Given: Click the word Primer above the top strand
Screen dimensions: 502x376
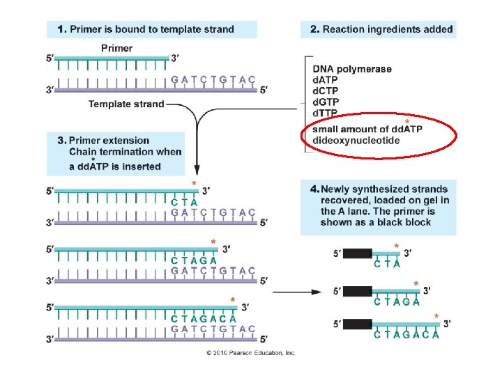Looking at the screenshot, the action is (x=117, y=48).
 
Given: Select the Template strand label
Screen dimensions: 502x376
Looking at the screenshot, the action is (x=126, y=104).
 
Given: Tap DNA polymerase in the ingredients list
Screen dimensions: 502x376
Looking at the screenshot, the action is (x=352, y=69).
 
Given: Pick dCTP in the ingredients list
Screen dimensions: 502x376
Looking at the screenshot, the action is (x=326, y=91).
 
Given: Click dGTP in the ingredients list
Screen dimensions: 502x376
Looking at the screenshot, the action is (x=326, y=102).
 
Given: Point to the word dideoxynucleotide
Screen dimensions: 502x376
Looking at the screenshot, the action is (x=356, y=141).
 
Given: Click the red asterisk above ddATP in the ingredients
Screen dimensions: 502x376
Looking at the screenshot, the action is (x=407, y=121).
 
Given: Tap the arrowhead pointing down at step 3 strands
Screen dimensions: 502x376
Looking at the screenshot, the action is (x=197, y=170).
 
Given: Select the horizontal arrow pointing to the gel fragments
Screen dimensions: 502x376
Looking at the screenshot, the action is (x=297, y=292).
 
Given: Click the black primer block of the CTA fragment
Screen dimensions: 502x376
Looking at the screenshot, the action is (x=358, y=253).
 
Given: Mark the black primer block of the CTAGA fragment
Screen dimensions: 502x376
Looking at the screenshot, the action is (x=358, y=291).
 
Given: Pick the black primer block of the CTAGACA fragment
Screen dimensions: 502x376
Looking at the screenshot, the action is (x=358, y=324).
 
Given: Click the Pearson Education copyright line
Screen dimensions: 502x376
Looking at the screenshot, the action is (x=251, y=353).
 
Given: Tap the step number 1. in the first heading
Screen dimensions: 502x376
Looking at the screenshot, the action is (x=62, y=29).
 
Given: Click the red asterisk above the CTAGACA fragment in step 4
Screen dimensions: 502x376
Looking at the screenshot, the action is (x=436, y=316).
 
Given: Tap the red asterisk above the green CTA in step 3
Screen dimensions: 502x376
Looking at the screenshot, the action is (x=194, y=183).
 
